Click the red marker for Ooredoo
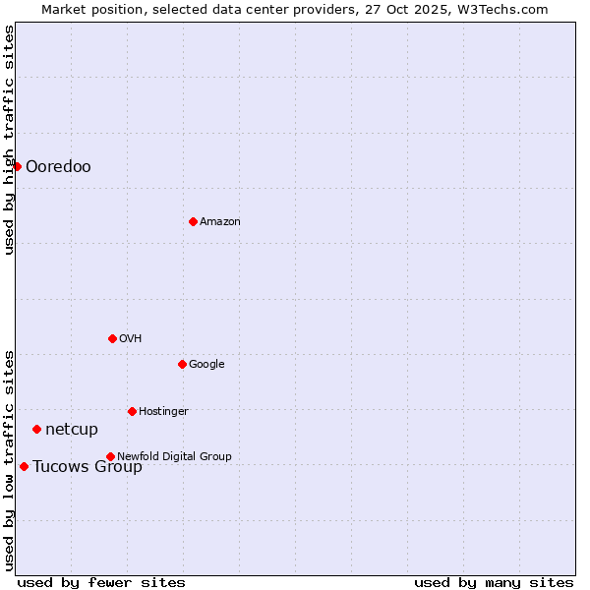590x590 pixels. point(17,166)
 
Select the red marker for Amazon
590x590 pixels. point(193,221)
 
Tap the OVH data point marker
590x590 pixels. point(112,338)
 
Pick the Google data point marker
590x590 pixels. point(182,364)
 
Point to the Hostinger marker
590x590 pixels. point(132,411)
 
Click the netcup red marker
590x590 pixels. point(36,429)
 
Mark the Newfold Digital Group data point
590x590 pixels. point(110,456)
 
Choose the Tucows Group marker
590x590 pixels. point(24,466)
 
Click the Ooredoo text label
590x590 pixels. point(58,166)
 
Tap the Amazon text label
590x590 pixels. point(220,221)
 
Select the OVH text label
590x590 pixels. point(131,338)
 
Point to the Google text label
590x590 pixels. point(206,364)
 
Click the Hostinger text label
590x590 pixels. point(163,411)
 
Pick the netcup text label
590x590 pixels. point(72,429)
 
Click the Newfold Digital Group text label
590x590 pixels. point(174,456)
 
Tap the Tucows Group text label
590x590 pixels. point(88,466)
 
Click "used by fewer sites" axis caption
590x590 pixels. point(101,582)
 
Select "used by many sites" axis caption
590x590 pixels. point(494,582)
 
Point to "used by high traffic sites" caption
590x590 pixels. point(9,140)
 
